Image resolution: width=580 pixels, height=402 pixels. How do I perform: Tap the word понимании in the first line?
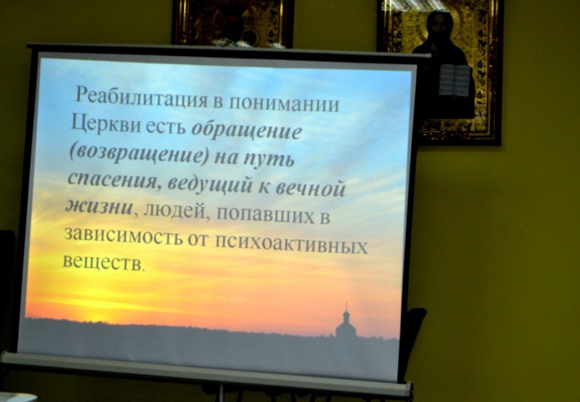pyautogui.click(x=284, y=103)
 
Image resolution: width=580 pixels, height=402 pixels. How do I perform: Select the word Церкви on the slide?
pyautogui.click(x=106, y=123)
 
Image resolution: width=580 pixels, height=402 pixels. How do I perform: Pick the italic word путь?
pyautogui.click(x=269, y=159)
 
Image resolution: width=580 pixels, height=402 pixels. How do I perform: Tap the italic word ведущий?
pyautogui.click(x=210, y=184)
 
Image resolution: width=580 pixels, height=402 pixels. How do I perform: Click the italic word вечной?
pyautogui.click(x=311, y=187)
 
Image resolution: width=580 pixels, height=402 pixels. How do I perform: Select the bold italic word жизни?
pyautogui.click(x=99, y=206)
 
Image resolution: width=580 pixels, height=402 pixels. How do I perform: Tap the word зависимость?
pyautogui.click(x=123, y=235)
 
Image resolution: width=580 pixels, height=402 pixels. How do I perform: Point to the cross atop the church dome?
pyautogui.click(x=346, y=307)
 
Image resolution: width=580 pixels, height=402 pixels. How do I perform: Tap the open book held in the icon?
pyautogui.click(x=456, y=81)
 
